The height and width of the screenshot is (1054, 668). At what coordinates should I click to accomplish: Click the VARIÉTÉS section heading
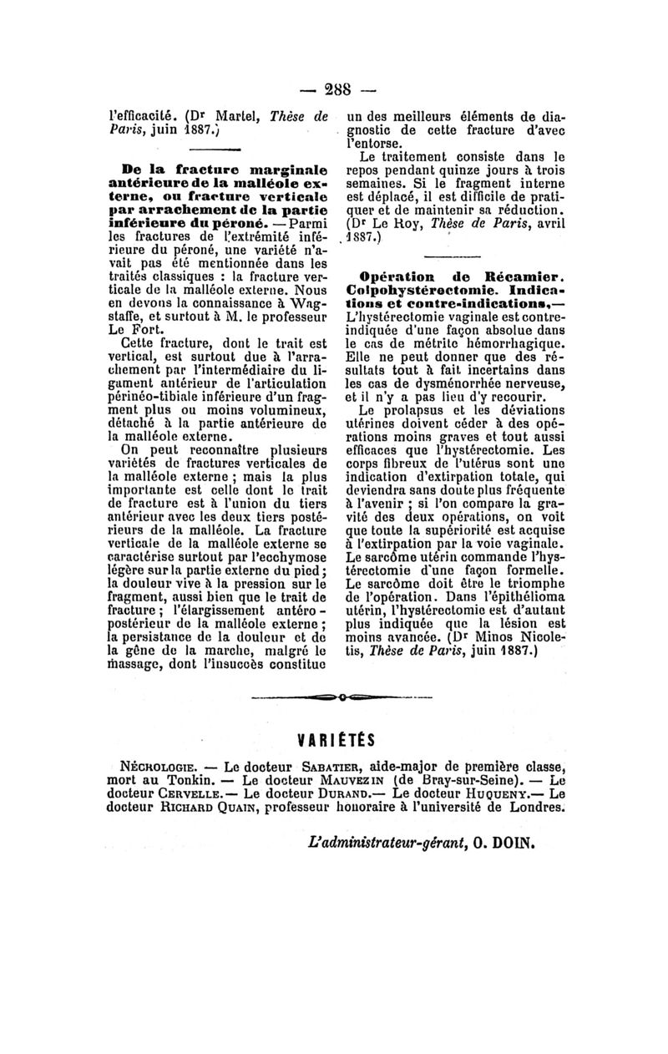pos(335,738)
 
